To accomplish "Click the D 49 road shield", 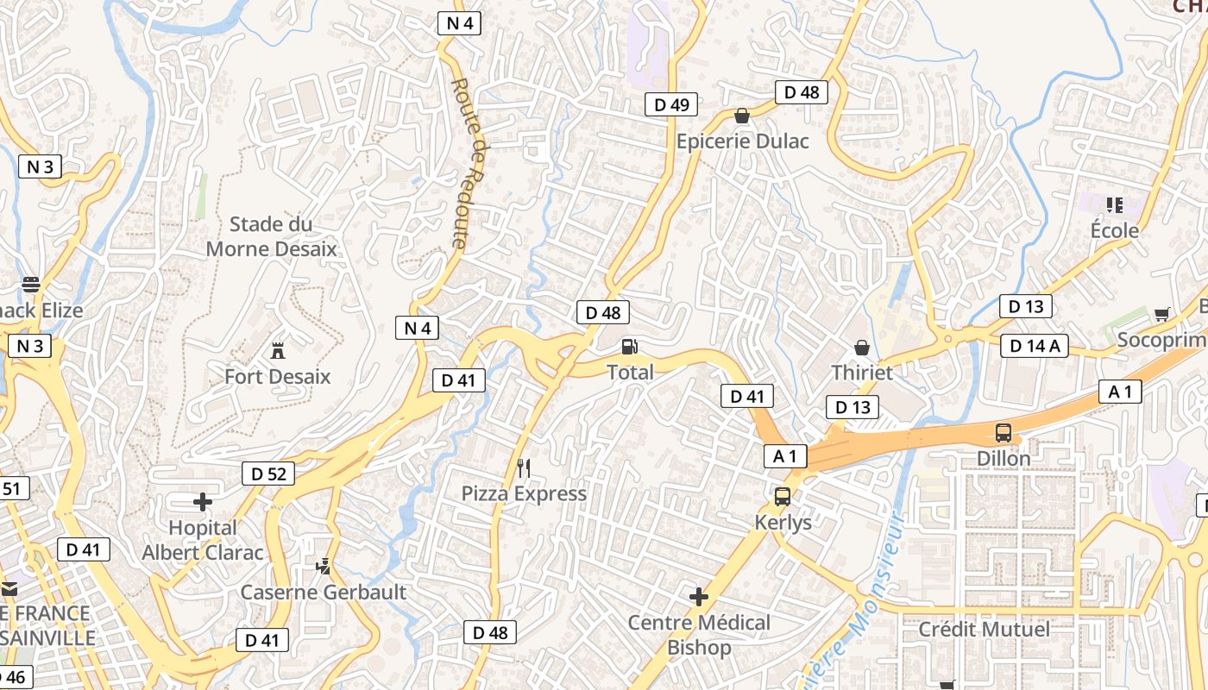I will [671, 105].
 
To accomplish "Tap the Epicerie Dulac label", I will [742, 141].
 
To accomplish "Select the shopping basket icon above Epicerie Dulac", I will [742, 116].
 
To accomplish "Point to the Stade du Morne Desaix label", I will [271, 237].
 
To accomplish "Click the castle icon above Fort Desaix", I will [278, 351].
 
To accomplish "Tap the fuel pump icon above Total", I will [630, 347].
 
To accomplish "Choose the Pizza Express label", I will [524, 494].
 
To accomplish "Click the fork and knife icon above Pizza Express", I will [524, 468].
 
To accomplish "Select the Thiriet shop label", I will [861, 373].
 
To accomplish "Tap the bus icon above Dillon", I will [1004, 433].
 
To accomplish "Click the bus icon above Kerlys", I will [783, 497].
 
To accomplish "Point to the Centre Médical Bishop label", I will [699, 635].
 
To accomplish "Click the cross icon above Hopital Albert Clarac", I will [203, 501].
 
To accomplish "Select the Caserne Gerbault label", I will [323, 593].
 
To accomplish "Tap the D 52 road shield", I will [268, 473].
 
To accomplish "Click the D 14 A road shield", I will [1035, 346].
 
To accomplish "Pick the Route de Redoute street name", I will [470, 164].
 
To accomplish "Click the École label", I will [1114, 231].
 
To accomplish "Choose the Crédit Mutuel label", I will [984, 630].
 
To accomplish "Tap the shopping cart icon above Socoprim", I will [1161, 315].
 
